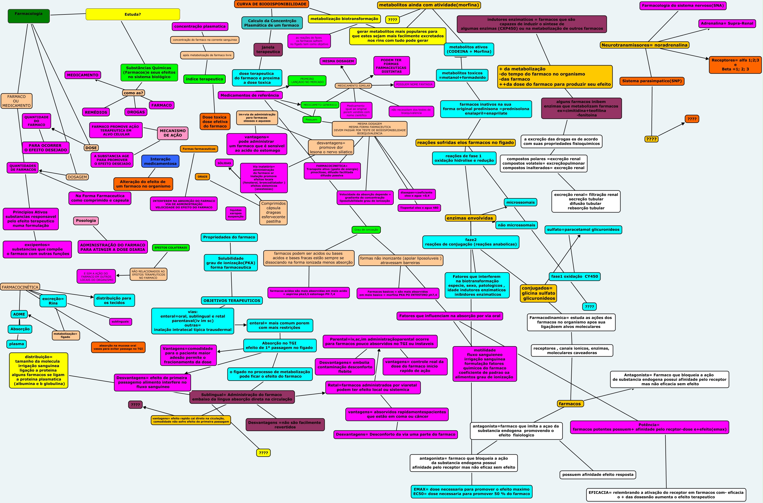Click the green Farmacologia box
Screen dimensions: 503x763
coord(29,16)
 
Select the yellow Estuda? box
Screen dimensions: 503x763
coord(133,14)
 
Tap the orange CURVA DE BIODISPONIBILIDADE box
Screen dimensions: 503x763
coord(271,4)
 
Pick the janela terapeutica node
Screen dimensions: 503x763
coord(268,50)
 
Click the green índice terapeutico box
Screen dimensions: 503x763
coord(204,79)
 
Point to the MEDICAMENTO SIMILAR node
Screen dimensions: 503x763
coord(353,86)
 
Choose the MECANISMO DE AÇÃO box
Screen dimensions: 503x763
coord(172,133)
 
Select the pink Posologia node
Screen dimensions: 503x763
coord(86,221)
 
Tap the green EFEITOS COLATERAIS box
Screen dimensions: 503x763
coord(171,248)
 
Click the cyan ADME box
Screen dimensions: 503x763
coord(19,314)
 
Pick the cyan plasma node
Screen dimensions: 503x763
coord(16,344)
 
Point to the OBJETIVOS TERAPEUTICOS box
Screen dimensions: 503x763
coord(232,301)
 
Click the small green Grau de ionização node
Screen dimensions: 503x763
coord(366,230)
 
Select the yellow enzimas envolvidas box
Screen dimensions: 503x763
coord(470,218)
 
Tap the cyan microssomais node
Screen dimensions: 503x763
coord(520,202)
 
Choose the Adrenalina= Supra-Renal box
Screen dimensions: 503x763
coord(726,23)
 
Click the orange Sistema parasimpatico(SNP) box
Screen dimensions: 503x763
coord(652,81)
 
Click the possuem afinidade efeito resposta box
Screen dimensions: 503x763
coord(598,475)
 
